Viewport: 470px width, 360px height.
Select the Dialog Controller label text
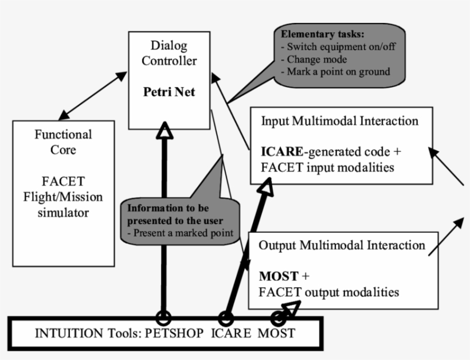point(169,53)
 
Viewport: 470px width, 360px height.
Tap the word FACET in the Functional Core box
point(63,182)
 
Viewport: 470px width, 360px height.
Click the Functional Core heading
point(63,142)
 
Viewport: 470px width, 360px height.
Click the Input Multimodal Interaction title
point(339,122)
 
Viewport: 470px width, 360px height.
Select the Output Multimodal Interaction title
point(342,245)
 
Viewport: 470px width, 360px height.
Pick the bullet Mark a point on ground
point(335,72)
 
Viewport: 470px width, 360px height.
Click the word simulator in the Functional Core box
point(63,213)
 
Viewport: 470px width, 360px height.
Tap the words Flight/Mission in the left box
point(63,197)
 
